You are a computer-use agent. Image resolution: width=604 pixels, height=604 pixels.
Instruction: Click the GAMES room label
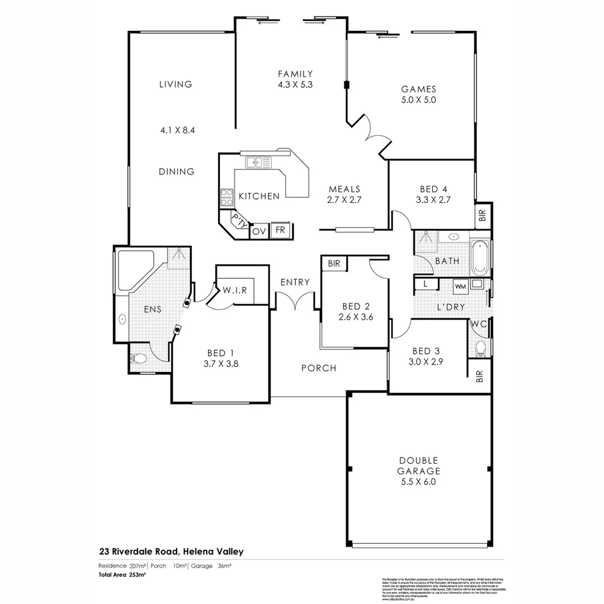coord(418,89)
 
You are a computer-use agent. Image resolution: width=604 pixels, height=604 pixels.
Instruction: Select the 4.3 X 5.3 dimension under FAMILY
coord(295,85)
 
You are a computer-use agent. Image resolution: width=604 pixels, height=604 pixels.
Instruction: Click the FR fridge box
coord(280,230)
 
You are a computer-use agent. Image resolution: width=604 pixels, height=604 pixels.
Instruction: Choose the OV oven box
coord(258,231)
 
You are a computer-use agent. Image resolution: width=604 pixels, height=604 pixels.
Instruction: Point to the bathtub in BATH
coord(480,258)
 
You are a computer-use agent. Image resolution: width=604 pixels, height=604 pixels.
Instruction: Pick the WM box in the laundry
coord(460,286)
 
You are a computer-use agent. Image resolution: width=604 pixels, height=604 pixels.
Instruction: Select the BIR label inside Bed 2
coord(334,263)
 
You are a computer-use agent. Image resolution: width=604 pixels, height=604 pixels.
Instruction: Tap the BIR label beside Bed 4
coord(483,215)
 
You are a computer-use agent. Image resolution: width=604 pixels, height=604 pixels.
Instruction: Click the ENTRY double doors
coord(295,304)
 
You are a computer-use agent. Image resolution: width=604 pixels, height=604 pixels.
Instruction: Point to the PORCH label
coord(319,368)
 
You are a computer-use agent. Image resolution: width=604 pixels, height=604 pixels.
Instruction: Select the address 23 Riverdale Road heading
coord(171,551)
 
